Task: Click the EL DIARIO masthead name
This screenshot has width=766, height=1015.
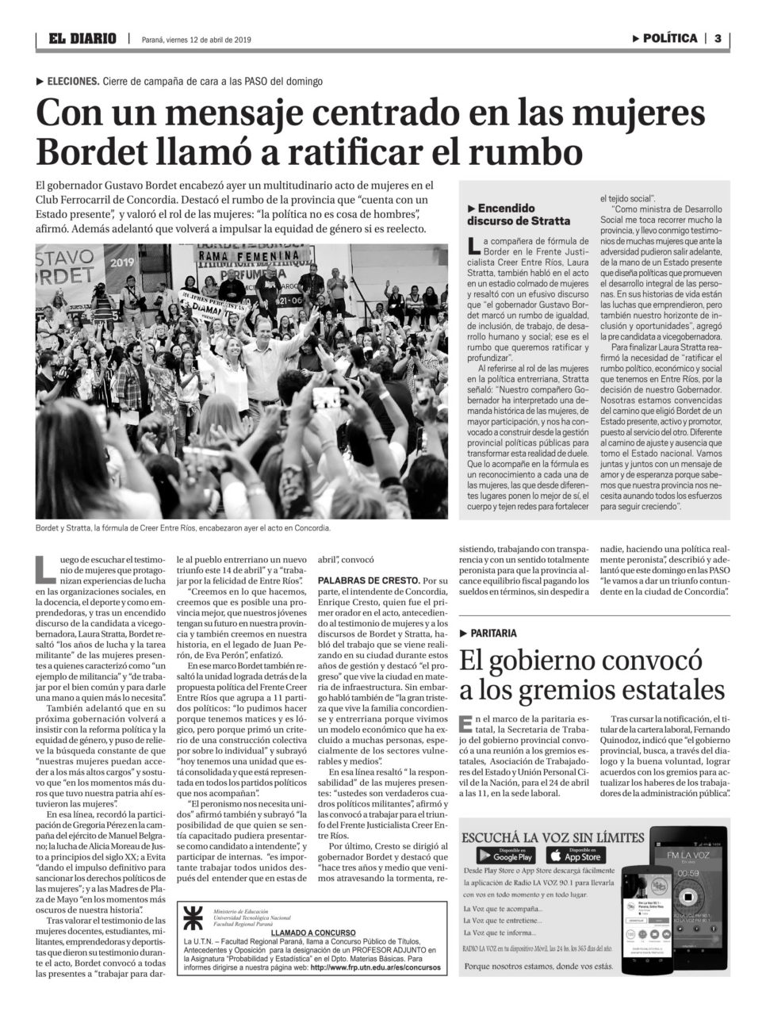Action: tap(82, 38)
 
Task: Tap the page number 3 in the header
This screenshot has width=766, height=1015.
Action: tap(717, 38)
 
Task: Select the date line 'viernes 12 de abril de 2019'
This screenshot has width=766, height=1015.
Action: tap(208, 39)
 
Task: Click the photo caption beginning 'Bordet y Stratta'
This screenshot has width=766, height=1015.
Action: tap(182, 527)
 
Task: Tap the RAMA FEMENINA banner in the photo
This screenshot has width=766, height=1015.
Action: tap(232, 256)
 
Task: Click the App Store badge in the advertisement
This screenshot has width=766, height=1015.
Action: tap(575, 855)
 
